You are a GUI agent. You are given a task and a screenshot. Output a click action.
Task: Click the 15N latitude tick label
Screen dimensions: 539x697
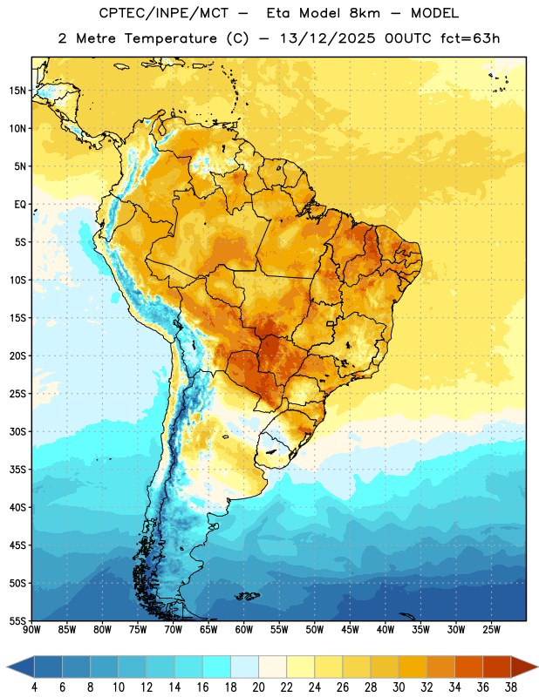pyautogui.click(x=17, y=91)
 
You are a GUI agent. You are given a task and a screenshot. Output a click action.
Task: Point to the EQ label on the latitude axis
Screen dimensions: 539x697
pyautogui.click(x=20, y=205)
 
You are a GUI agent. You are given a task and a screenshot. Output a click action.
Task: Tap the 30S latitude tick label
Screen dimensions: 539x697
pyautogui.click(x=17, y=431)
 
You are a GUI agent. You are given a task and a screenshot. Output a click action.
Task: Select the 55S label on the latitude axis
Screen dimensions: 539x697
pyautogui.click(x=17, y=620)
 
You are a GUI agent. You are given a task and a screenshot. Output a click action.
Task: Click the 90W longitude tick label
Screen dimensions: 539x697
pyautogui.click(x=31, y=630)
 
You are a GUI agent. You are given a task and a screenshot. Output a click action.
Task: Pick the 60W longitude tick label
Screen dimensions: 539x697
pyautogui.click(x=244, y=630)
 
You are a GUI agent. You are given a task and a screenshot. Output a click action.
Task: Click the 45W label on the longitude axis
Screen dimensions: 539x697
pyautogui.click(x=350, y=630)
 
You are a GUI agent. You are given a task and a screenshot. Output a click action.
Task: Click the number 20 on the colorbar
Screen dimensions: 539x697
pyautogui.click(x=258, y=687)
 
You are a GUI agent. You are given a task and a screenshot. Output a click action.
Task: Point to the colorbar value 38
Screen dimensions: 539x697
pyautogui.click(x=510, y=687)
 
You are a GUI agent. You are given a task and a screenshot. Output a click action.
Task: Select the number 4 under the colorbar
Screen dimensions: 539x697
pyautogui.click(x=34, y=687)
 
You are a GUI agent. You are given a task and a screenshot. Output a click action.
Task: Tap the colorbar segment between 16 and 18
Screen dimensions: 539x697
pyautogui.click(x=217, y=667)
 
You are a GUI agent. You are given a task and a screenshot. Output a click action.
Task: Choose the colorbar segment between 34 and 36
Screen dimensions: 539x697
pyautogui.click(x=468, y=667)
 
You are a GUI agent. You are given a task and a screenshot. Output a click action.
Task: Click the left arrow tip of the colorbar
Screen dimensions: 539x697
pyautogui.click(x=7, y=667)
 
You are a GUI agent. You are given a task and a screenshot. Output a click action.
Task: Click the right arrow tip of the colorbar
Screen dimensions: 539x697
pyautogui.click(x=537, y=667)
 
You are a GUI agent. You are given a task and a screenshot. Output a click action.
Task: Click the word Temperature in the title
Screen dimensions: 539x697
pyautogui.click(x=170, y=38)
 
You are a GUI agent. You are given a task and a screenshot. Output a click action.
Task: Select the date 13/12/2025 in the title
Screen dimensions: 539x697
pyautogui.click(x=328, y=38)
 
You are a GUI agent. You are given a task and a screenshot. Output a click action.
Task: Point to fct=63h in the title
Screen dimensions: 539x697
pyautogui.click(x=470, y=38)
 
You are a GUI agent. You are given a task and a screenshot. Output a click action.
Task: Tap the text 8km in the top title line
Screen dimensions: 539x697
pyautogui.click(x=365, y=13)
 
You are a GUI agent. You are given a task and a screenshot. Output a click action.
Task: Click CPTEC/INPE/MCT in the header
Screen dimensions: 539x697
pyautogui.click(x=163, y=14)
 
